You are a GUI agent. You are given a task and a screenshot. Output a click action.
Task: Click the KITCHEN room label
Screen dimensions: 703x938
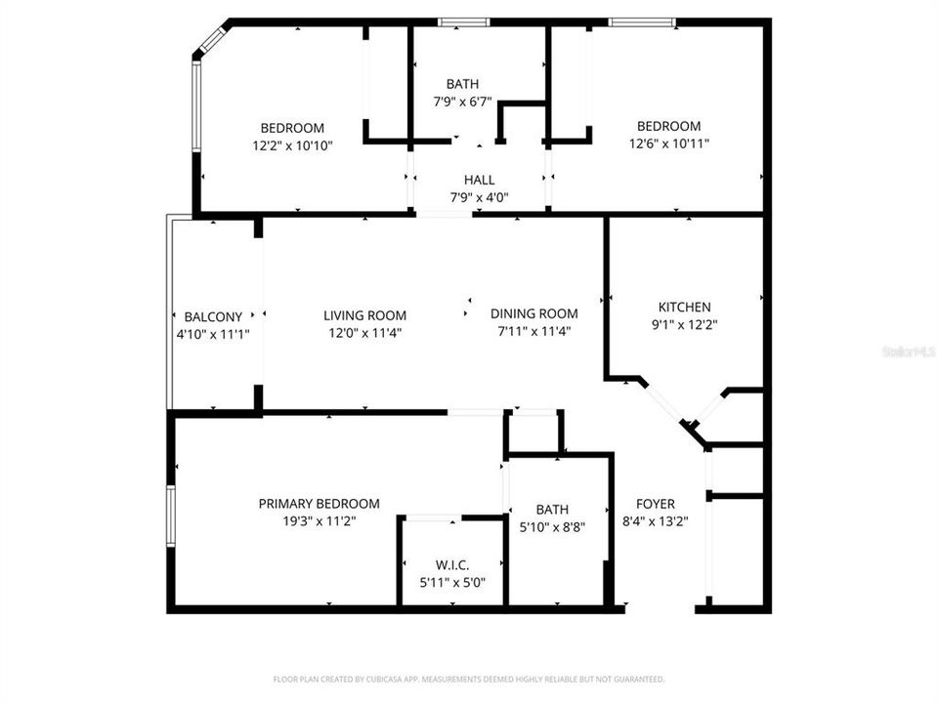[684, 307]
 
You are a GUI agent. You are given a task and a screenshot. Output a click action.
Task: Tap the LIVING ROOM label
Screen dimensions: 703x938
[364, 315]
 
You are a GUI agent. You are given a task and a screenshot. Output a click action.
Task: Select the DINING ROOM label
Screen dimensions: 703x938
[533, 313]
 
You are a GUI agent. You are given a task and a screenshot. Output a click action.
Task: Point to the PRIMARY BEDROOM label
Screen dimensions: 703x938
[319, 504]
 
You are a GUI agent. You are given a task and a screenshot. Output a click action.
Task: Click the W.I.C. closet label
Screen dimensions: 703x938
[452, 565]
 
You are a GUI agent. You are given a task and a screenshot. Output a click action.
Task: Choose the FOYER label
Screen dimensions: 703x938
[656, 504]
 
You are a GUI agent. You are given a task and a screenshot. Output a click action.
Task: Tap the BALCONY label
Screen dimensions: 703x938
[213, 316]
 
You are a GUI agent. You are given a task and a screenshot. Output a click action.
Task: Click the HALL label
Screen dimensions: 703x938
[479, 180]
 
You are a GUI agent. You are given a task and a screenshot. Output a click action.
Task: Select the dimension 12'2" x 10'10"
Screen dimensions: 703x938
[291, 145]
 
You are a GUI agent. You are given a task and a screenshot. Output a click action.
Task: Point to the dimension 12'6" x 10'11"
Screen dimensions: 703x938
[668, 144]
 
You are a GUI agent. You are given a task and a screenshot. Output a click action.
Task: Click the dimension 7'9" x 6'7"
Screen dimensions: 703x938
[462, 102]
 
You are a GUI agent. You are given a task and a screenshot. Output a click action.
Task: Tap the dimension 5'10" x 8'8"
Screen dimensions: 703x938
[552, 527]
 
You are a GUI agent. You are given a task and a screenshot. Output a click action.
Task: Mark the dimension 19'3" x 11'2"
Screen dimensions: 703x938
[319, 521]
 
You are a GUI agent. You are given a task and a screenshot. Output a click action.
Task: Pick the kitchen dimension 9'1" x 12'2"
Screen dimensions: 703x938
[684, 324]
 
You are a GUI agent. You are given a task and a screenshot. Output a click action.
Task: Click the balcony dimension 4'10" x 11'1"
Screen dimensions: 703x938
[213, 334]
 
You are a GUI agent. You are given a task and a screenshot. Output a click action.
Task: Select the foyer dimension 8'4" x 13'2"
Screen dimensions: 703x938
[656, 521]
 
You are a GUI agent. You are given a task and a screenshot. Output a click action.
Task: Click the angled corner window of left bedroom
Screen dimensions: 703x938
[211, 40]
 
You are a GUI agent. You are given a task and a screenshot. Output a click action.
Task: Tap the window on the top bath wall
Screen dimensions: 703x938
[463, 21]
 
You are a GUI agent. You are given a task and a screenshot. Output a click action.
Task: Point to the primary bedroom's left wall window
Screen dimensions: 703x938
[170, 516]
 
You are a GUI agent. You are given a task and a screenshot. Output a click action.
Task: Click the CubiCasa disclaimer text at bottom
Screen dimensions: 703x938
[469, 679]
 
